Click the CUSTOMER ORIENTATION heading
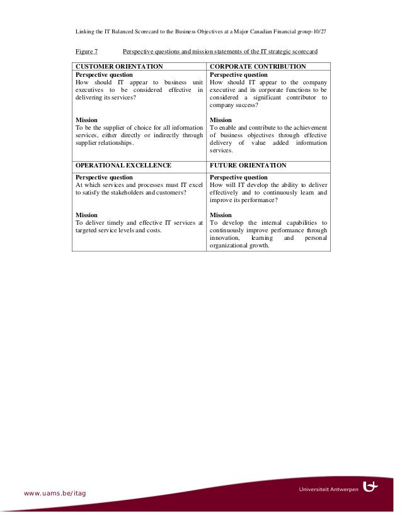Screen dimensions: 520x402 point(119,66)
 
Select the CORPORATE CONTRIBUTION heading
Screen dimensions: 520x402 point(258,66)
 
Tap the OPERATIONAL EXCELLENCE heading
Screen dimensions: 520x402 point(123,166)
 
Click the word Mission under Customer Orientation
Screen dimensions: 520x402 point(86,120)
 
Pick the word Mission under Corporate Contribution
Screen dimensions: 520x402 point(221,120)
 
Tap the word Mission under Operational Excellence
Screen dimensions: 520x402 point(86,215)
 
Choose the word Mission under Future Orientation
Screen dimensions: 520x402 point(221,215)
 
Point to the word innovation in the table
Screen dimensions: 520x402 point(224,239)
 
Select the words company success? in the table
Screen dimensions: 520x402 point(234,105)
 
